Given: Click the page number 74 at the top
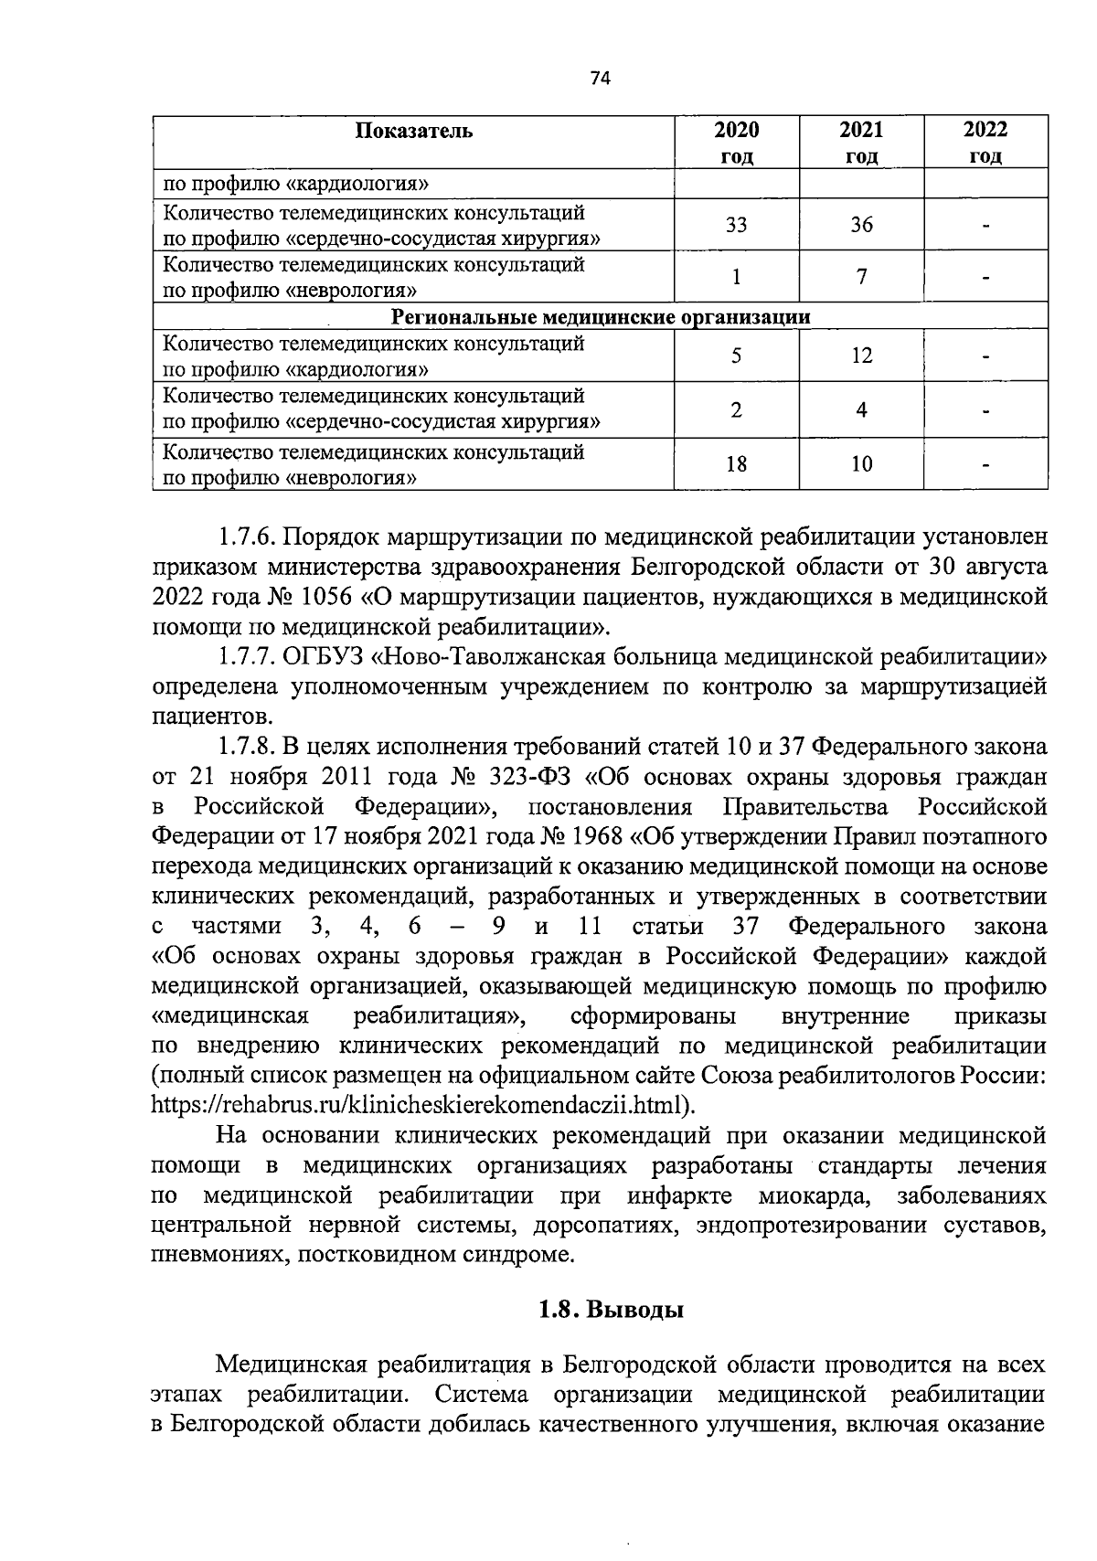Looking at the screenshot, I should click(x=601, y=79).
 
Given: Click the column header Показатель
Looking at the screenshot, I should click(x=414, y=131).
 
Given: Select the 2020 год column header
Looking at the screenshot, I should click(x=736, y=143).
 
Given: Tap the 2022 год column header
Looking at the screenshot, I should click(x=985, y=143).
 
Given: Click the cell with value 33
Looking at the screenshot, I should click(x=736, y=225).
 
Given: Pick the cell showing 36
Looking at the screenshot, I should click(x=861, y=225).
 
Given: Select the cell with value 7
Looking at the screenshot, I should click(x=861, y=277).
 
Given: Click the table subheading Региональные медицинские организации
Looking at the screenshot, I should click(x=601, y=317).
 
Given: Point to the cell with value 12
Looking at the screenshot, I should click(x=861, y=356).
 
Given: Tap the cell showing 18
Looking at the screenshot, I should click(x=736, y=464).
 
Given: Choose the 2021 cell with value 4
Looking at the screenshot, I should click(x=861, y=409).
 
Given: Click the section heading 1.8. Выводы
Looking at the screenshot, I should click(x=611, y=1310).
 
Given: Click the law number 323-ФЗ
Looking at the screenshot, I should click(x=533, y=777).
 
